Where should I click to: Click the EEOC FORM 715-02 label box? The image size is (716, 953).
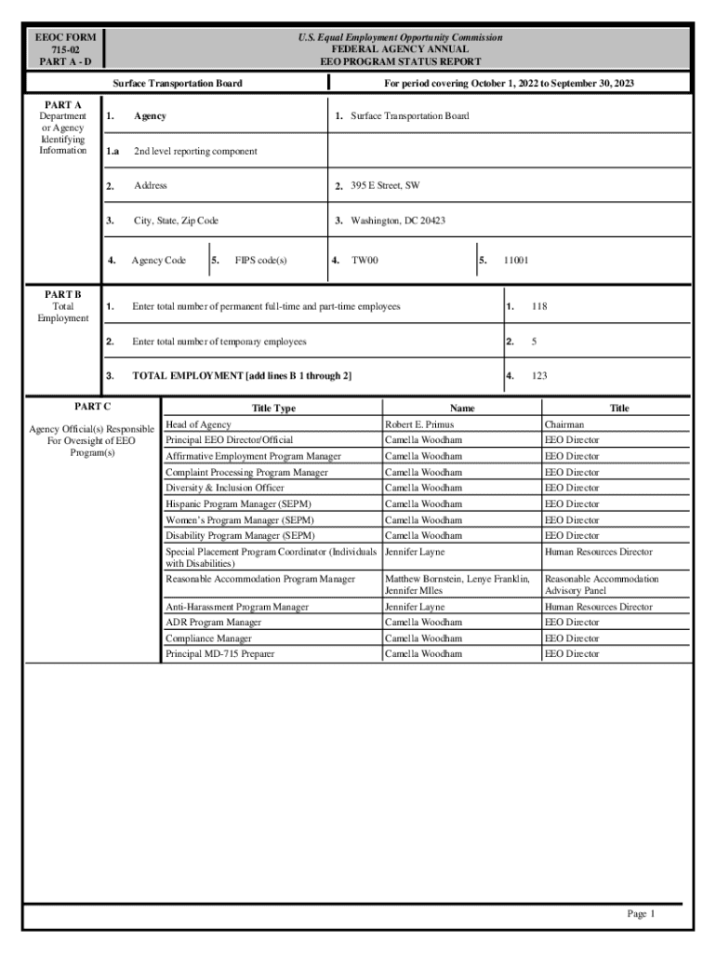(x=65, y=49)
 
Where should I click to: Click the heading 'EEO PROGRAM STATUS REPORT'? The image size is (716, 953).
(x=401, y=61)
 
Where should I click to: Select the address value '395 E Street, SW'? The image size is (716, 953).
(x=384, y=186)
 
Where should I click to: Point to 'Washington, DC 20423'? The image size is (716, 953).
(x=397, y=221)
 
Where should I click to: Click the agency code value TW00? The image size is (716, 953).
(x=365, y=261)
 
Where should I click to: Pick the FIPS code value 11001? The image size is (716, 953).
(x=516, y=261)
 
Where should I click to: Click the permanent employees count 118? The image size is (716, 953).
(x=538, y=306)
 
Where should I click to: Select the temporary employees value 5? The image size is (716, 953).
(x=534, y=342)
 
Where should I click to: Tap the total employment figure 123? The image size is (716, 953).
(x=538, y=376)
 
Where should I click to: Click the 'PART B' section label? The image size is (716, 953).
(x=63, y=294)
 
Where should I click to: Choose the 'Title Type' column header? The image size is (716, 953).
(x=273, y=409)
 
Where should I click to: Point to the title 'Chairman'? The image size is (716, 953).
(x=564, y=424)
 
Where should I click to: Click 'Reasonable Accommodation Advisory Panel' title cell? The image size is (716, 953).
(x=601, y=584)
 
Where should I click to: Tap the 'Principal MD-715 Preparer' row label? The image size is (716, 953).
(x=220, y=654)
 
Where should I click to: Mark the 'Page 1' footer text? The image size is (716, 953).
(x=641, y=914)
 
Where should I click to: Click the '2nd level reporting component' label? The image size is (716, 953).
(x=195, y=151)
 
